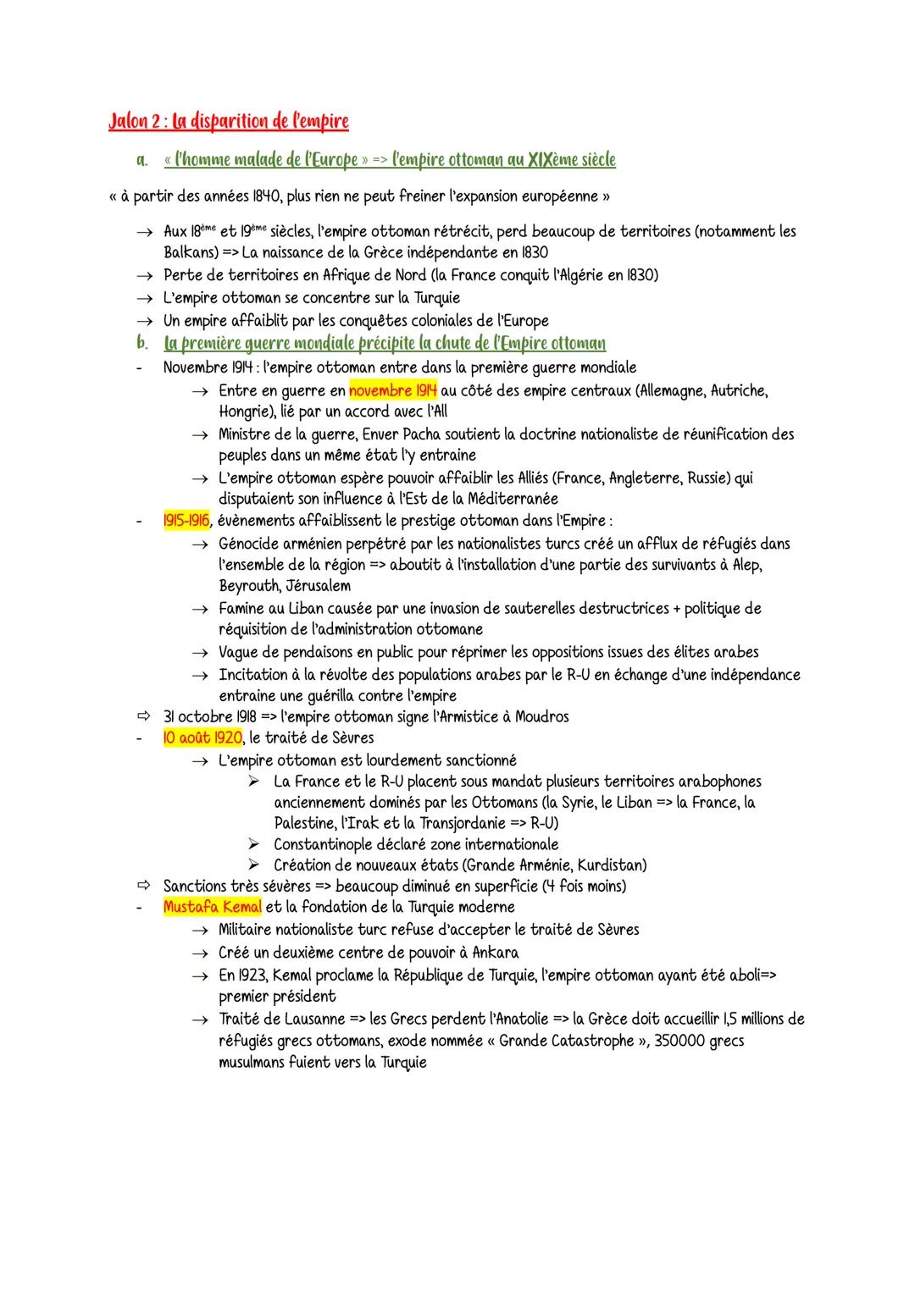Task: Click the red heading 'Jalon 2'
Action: pos(135,122)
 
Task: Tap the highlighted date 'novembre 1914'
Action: pos(392,390)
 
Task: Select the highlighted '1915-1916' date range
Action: pos(186,520)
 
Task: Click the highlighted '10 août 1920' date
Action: pos(202,738)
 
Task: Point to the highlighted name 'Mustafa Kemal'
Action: pos(212,908)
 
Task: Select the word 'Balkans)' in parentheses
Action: pos(191,252)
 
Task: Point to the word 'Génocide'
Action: pos(250,543)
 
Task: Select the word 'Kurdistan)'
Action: pos(612,865)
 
